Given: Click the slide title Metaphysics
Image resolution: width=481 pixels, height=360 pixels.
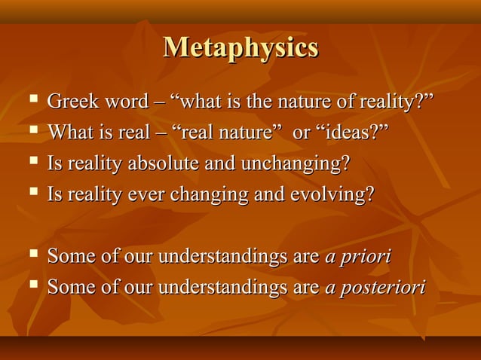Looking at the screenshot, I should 240,47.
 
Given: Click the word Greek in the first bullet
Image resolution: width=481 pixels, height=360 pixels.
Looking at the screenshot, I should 69,102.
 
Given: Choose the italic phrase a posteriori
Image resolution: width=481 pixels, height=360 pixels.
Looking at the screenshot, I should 374,287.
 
